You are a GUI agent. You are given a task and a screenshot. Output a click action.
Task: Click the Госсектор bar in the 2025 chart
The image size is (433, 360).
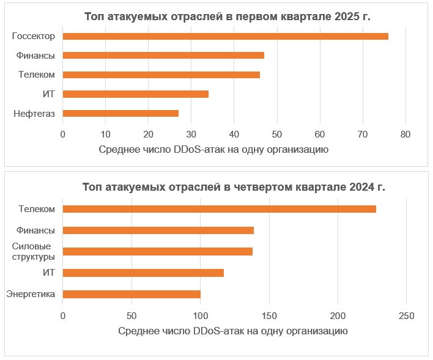click(225, 36)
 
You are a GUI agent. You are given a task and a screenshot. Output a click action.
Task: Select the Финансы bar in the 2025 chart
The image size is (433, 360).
click(163, 55)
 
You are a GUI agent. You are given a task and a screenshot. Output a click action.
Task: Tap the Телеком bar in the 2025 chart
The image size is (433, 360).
click(161, 75)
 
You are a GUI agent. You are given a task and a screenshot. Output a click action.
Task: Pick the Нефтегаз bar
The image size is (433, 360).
click(120, 113)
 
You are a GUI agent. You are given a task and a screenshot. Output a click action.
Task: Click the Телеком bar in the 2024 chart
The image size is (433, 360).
click(219, 209)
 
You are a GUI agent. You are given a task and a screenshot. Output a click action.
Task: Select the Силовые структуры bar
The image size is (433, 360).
click(157, 251)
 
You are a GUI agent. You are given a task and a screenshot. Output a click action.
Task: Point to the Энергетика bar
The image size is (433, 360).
click(131, 294)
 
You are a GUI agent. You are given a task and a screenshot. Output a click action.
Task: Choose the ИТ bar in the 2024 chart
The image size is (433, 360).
click(143, 273)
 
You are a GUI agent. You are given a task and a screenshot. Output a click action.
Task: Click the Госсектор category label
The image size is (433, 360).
click(34, 36)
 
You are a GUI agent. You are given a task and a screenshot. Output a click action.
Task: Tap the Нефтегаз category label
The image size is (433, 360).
click(34, 113)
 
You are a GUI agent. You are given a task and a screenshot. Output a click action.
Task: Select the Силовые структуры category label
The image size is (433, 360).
click(34, 251)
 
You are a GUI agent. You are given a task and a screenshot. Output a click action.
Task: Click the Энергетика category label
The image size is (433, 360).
click(31, 294)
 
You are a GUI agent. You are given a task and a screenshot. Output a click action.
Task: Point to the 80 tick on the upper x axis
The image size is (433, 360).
click(405, 134)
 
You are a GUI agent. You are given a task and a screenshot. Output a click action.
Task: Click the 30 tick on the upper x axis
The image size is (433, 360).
click(191, 134)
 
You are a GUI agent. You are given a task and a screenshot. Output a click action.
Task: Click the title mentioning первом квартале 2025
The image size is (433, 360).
click(227, 17)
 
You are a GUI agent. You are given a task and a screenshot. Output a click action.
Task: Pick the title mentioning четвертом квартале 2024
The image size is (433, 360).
click(234, 187)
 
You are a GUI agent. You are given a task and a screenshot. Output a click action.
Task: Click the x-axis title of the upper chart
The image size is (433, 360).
click(213, 149)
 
